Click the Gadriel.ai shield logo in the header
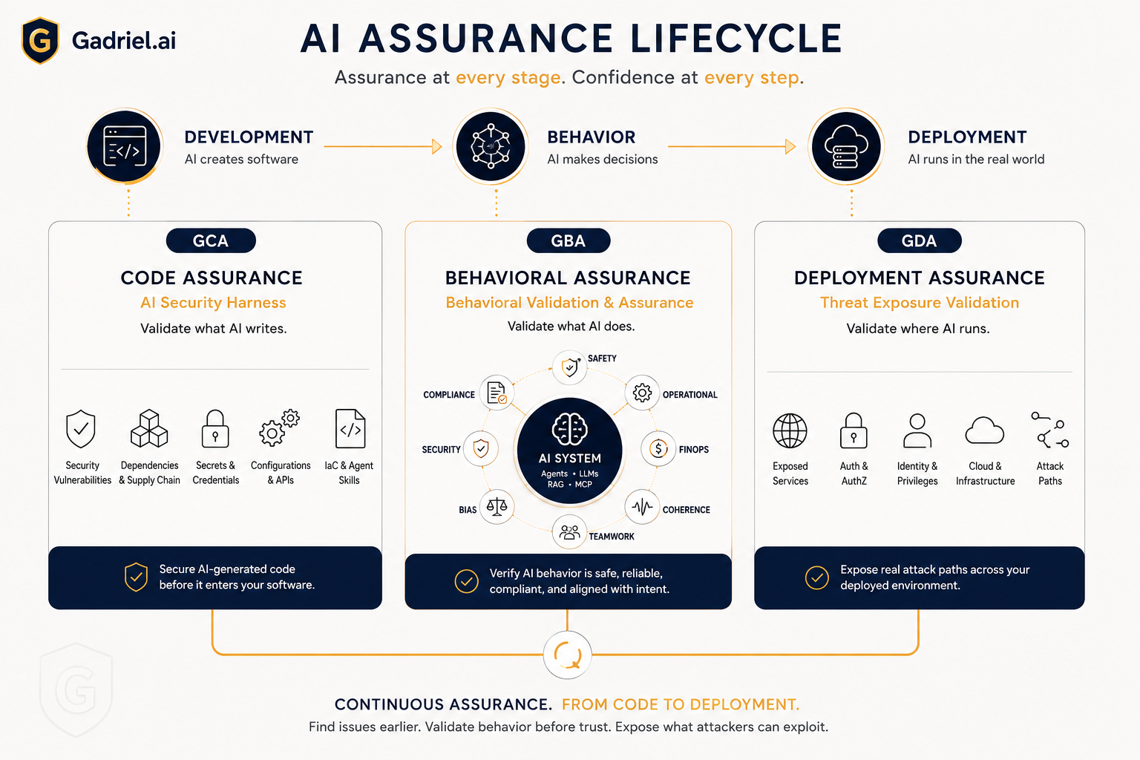point(40,40)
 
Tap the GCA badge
point(211,240)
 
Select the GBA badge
point(569,240)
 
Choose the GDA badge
point(919,240)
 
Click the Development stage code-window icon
point(124,147)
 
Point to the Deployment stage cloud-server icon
point(846,147)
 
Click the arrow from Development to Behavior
point(383,147)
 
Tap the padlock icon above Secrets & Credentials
point(215,429)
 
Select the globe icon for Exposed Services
point(790,430)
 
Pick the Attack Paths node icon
point(1050,430)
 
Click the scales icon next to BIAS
point(497,506)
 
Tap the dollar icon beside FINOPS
point(658,449)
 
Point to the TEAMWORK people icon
point(569,532)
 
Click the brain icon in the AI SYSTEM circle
point(569,429)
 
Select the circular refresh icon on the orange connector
point(568,655)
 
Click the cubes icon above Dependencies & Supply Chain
point(149,429)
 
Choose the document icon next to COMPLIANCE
point(497,393)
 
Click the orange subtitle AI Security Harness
point(213,303)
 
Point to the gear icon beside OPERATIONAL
point(642,393)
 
